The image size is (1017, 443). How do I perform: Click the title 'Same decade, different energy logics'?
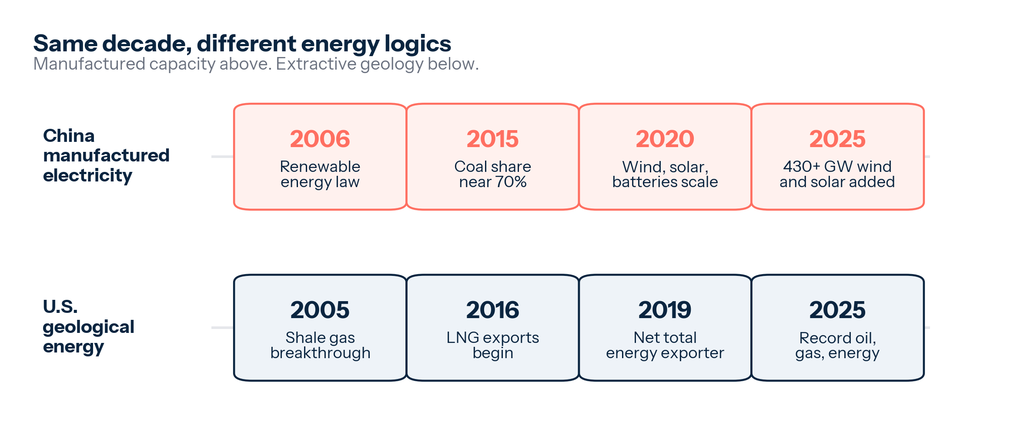[x=242, y=44]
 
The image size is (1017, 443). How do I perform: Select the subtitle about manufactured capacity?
[x=256, y=64]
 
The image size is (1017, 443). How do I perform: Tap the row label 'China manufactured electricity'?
[x=106, y=156]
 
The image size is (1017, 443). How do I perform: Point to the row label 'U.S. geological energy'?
[x=88, y=327]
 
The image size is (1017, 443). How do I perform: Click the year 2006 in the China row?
[x=320, y=139]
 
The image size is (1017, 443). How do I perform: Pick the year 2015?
[x=493, y=139]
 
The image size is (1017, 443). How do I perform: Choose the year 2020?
[x=665, y=139]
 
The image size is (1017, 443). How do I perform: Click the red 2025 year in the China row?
[x=837, y=139]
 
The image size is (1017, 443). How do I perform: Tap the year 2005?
[x=320, y=310]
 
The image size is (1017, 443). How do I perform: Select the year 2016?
[x=493, y=310]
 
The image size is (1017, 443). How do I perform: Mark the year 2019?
[x=665, y=310]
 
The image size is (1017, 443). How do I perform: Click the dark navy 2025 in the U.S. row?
[x=837, y=310]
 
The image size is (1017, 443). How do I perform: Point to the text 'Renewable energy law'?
[x=320, y=174]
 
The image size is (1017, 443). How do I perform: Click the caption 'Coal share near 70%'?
[x=493, y=174]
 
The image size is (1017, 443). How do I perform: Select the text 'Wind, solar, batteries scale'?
[x=665, y=174]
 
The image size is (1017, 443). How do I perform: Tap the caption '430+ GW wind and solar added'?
[x=837, y=174]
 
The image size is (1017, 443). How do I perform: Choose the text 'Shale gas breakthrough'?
[x=320, y=345]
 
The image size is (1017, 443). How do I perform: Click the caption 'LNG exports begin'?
[x=493, y=345]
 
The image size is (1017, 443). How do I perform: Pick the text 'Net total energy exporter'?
[x=665, y=345]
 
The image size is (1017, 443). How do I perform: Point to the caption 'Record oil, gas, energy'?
[x=837, y=345]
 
